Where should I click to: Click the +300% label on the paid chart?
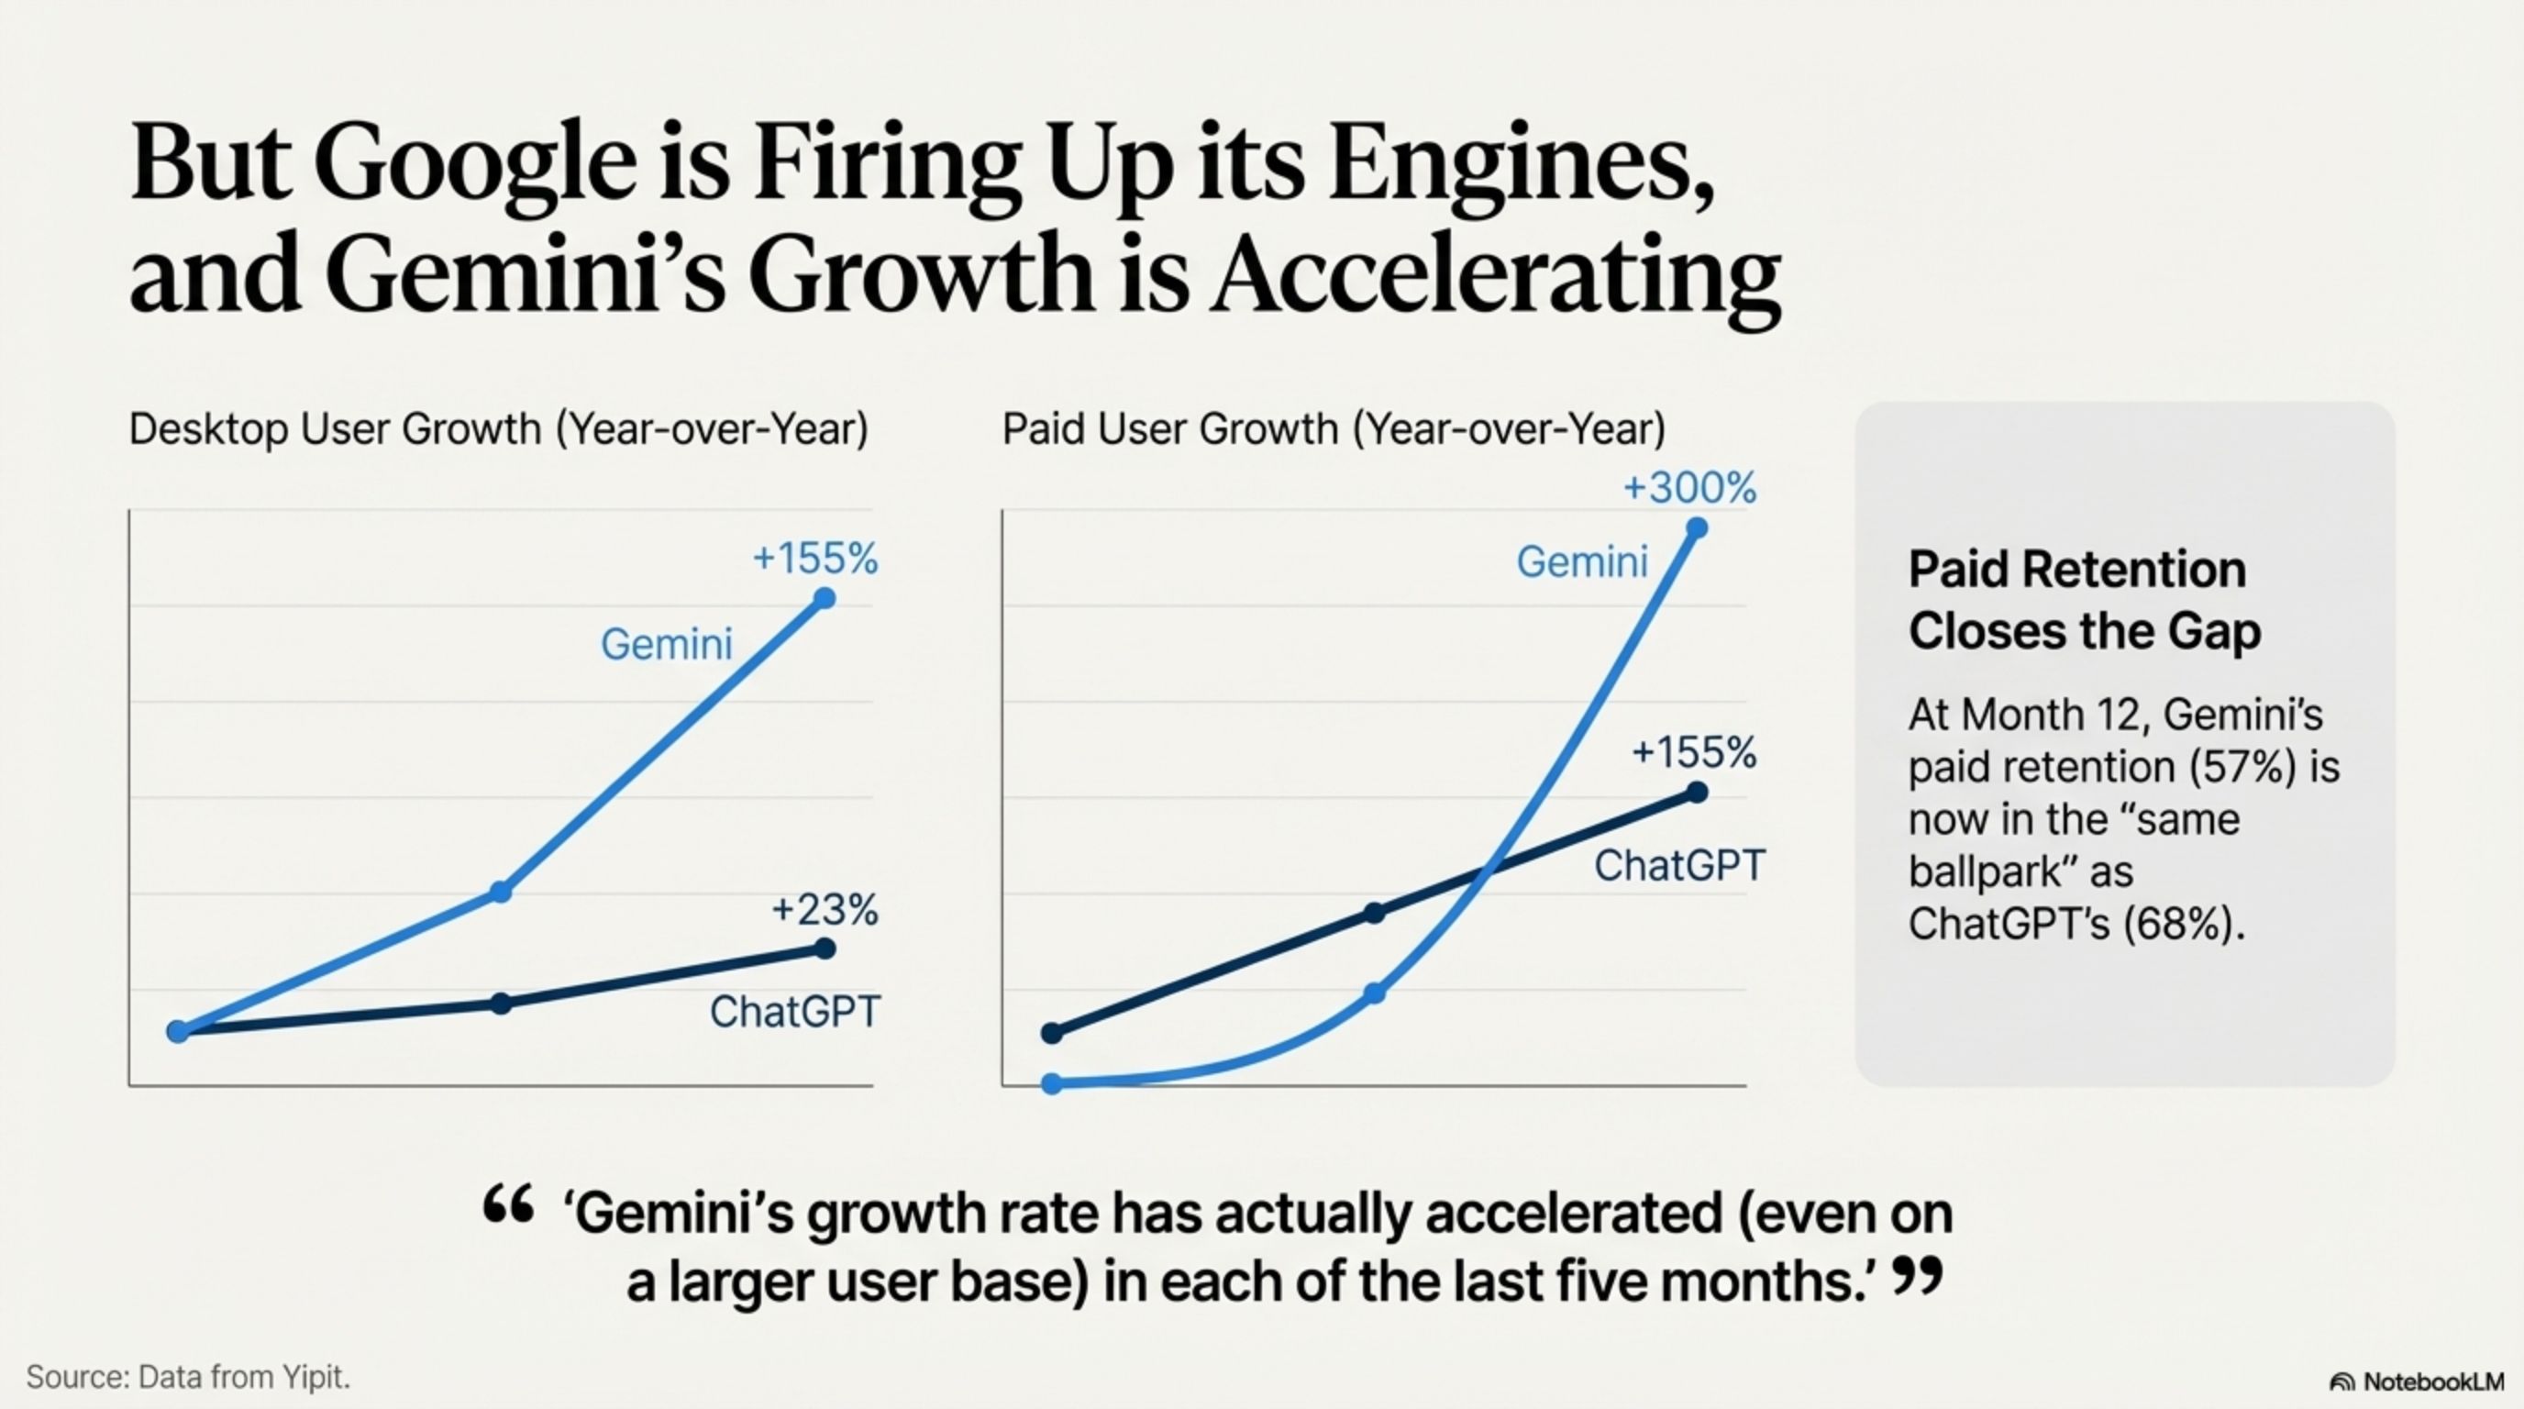coord(1689,487)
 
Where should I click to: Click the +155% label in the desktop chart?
coord(814,559)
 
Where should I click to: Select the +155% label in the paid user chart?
coord(1693,752)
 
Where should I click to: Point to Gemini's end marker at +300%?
coord(1697,529)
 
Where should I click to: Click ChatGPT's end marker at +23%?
coord(825,949)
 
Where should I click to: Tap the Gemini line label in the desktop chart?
coord(666,645)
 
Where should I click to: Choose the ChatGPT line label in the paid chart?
coord(1679,866)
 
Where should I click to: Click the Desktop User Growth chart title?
coord(499,429)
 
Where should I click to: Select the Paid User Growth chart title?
coord(1334,429)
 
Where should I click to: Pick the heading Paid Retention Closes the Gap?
coord(2083,600)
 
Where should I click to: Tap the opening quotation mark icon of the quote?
coord(508,1204)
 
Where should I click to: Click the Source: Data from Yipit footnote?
coord(188,1377)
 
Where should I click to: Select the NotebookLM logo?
coord(2416,1381)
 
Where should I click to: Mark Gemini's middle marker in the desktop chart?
coord(501,893)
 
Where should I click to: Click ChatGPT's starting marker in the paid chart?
coord(1052,1033)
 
